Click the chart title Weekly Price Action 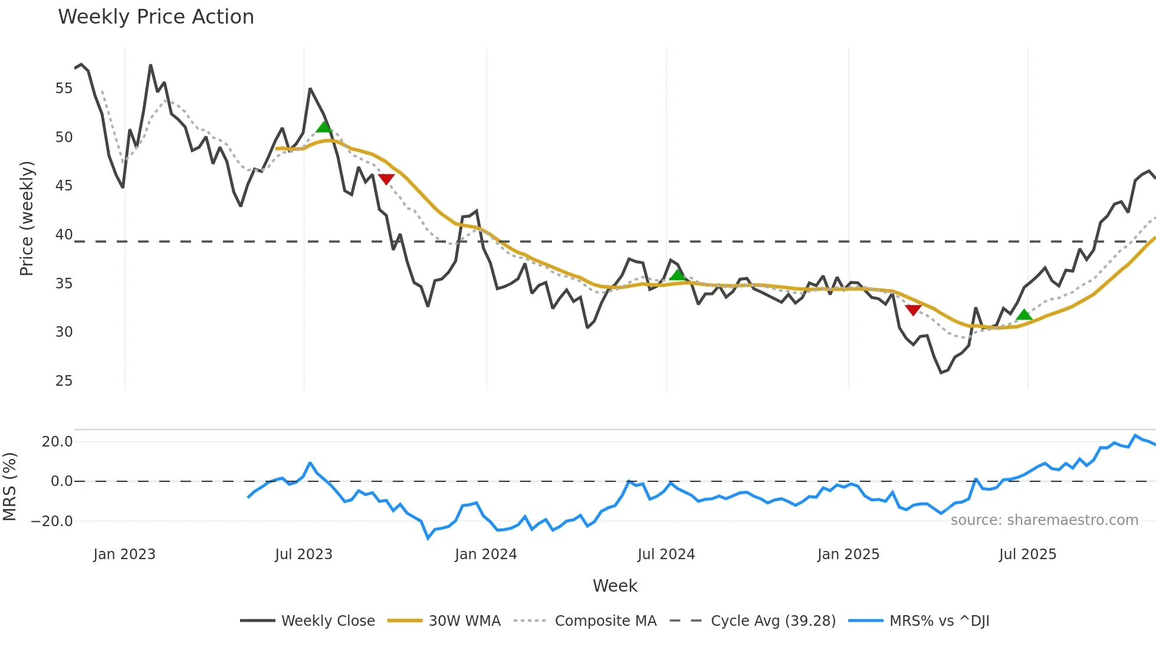(x=156, y=17)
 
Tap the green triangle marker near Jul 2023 (x=324, y=127)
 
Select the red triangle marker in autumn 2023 (x=386, y=179)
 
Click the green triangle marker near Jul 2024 (x=678, y=275)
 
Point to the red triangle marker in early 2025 (x=913, y=310)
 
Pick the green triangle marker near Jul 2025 (x=1024, y=315)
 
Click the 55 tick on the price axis (x=64, y=88)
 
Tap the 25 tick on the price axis (x=64, y=381)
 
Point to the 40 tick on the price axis (x=64, y=235)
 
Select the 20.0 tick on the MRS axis (x=57, y=442)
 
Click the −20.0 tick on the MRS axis (x=52, y=521)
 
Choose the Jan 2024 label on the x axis (x=485, y=554)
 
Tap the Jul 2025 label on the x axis (x=1027, y=554)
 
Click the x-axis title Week (x=615, y=586)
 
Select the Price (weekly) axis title (x=27, y=218)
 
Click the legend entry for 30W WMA (x=464, y=621)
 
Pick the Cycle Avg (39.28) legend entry (x=773, y=621)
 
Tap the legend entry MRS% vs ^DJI (x=939, y=621)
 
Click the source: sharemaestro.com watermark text (x=1044, y=520)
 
